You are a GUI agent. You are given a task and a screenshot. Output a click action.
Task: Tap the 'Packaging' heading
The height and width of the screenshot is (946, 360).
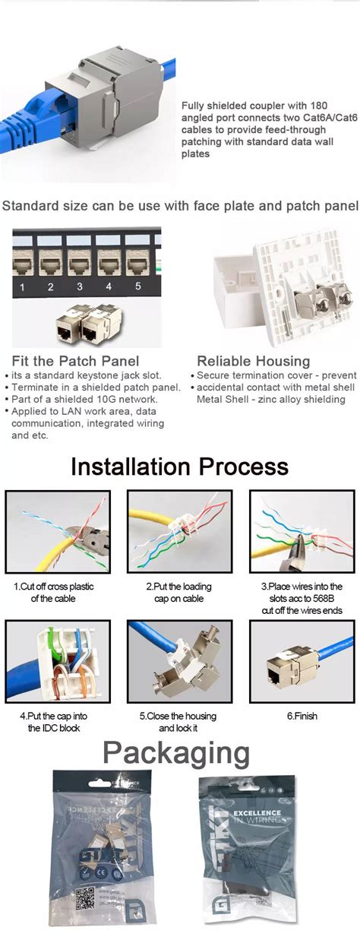click(x=176, y=753)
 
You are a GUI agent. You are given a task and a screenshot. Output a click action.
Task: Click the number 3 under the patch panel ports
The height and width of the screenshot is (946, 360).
click(x=80, y=287)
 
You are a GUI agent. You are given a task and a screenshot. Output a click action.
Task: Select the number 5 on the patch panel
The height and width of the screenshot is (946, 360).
click(x=138, y=286)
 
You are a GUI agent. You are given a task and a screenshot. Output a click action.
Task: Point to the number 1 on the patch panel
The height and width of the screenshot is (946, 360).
click(x=23, y=287)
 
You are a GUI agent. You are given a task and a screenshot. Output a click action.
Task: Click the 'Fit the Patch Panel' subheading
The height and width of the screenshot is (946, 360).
click(x=75, y=362)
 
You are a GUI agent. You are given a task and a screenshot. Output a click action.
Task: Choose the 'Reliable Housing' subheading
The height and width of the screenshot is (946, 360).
click(x=254, y=362)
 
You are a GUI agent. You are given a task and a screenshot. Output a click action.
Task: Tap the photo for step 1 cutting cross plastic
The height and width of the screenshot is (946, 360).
click(x=58, y=531)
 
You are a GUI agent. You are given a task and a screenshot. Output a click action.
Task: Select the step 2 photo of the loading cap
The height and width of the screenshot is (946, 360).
click(x=179, y=531)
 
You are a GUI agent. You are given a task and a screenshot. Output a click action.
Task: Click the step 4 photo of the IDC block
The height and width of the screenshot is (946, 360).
click(x=58, y=660)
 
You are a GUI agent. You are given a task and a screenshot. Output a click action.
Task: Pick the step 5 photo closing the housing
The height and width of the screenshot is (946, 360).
click(x=179, y=660)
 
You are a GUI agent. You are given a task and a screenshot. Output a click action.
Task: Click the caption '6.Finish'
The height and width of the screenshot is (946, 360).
click(x=302, y=716)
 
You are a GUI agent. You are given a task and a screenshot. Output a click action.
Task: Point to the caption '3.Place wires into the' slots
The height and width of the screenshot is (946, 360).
click(x=302, y=587)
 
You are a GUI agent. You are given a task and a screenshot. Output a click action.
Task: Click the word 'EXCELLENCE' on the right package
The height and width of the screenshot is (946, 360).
click(x=262, y=813)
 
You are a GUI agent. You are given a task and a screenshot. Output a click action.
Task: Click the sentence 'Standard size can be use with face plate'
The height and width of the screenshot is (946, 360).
click(x=181, y=205)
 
